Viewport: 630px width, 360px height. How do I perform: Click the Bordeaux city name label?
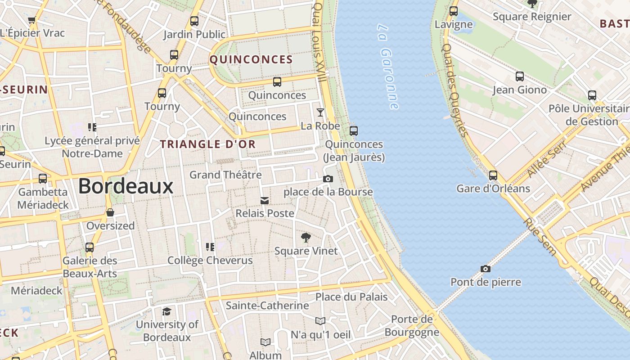coord(126,186)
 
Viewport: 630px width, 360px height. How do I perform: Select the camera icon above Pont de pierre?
coord(485,269)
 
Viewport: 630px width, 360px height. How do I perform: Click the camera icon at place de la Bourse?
coord(328,179)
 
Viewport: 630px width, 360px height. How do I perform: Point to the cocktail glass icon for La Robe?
coord(320,112)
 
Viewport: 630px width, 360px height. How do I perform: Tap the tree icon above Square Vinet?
coord(306,237)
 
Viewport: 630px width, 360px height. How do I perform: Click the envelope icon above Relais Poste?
coord(265,200)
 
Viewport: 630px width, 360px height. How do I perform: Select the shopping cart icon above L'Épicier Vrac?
coord(31,20)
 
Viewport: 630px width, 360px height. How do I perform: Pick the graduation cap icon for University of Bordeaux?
coord(166,311)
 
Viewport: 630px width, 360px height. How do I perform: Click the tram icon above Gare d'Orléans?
coord(493,175)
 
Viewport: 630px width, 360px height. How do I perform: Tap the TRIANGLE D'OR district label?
coord(208,144)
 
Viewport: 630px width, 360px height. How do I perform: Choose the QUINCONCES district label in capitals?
coord(251,59)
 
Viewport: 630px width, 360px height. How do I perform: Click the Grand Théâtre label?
coord(225,175)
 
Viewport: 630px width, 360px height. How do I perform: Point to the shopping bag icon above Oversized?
coord(110,212)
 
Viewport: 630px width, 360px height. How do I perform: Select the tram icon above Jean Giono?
coord(519,76)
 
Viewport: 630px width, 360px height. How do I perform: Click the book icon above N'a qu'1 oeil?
coord(320,321)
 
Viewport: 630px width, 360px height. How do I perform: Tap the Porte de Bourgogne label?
coord(411,325)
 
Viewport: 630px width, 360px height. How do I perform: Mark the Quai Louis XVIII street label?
coord(319,43)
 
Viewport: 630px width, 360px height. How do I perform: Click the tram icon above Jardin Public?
coord(194,21)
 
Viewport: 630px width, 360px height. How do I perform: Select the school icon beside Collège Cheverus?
coord(210,247)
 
